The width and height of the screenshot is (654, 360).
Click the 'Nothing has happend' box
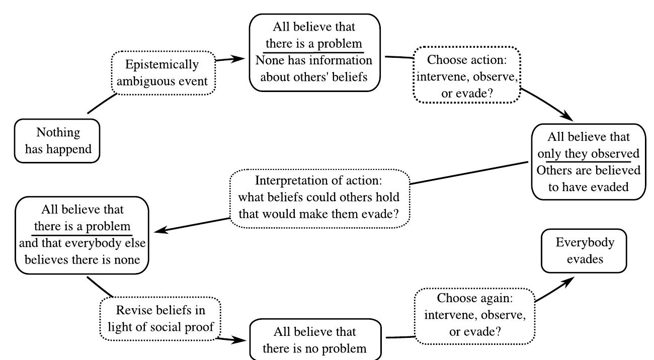58,141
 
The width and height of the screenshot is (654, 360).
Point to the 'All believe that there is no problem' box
315,339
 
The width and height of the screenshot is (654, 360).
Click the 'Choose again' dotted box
474,315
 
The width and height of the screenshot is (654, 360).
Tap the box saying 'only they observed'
588,162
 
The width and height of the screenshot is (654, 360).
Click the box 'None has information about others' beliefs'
315,53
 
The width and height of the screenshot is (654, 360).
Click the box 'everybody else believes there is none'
83,234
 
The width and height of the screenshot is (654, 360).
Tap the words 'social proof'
188,325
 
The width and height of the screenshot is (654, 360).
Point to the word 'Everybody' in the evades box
585,243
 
